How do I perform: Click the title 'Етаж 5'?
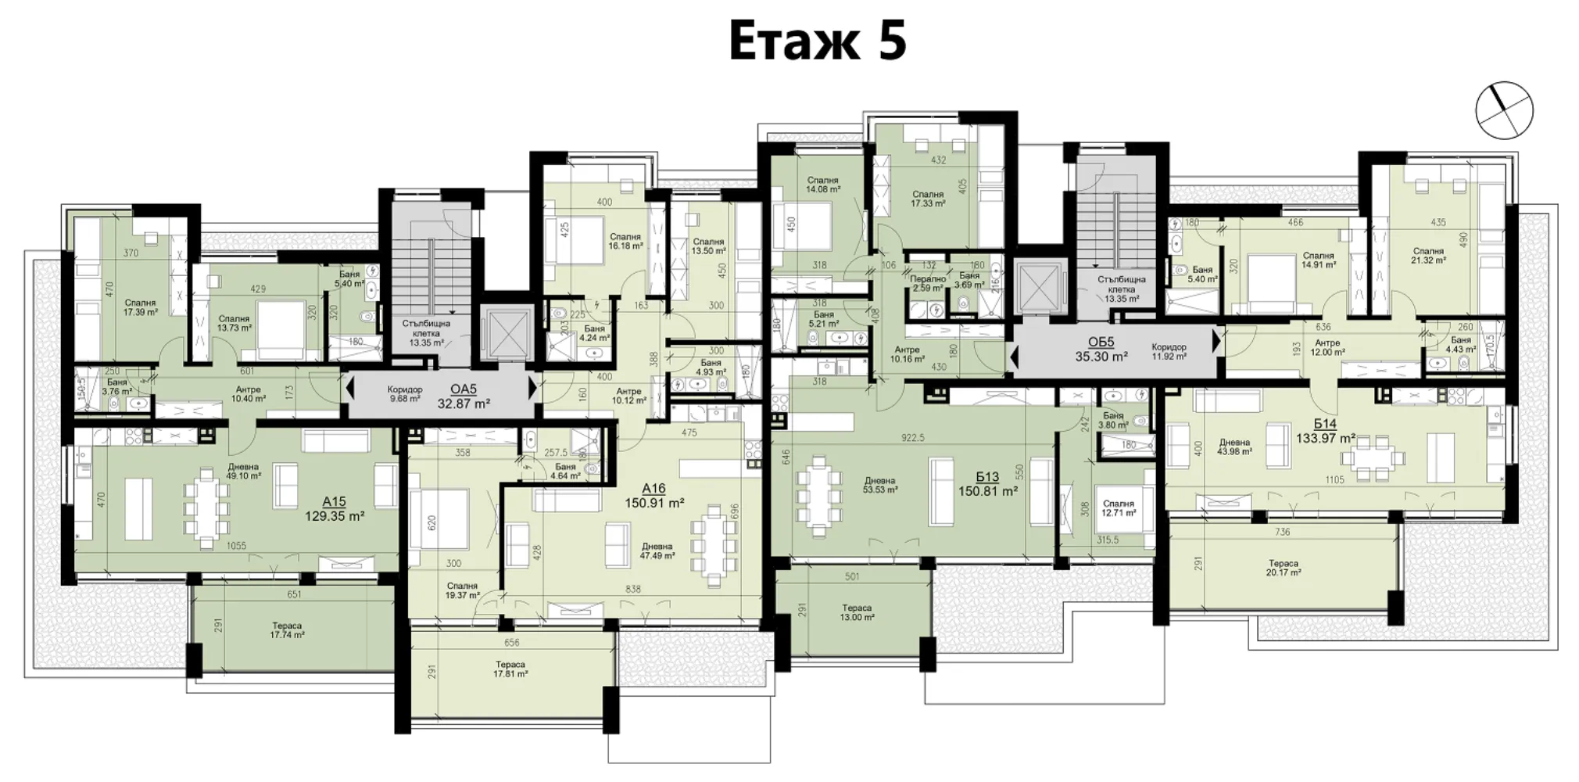(818, 41)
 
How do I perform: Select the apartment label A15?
(334, 502)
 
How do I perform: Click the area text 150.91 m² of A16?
(654, 503)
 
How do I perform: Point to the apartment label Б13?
(987, 477)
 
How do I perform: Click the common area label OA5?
(464, 389)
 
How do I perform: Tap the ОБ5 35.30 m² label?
(1101, 349)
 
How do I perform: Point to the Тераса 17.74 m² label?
(286, 630)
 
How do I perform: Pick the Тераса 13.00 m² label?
(856, 612)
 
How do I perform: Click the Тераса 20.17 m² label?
(1283, 568)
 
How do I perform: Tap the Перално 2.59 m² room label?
(927, 283)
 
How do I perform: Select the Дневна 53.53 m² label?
(879, 485)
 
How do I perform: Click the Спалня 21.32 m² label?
(1427, 256)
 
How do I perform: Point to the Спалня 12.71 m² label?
(1118, 508)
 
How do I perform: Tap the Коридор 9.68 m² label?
(404, 394)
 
